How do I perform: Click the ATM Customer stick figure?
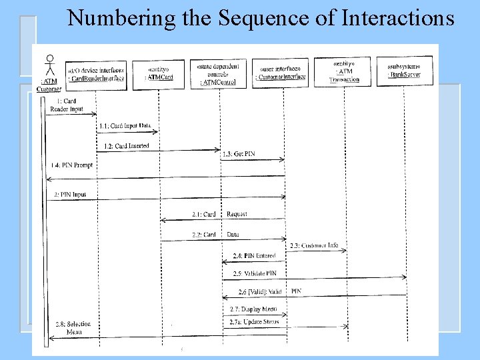click(48, 67)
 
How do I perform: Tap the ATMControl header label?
click(219, 74)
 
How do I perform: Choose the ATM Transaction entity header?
click(344, 72)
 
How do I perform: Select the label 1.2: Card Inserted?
click(126, 146)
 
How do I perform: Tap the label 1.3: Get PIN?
click(239, 154)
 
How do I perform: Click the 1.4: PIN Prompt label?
click(73, 165)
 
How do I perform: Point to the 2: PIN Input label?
click(70, 195)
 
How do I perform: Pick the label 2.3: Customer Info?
click(314, 245)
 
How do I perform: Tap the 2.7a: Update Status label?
click(255, 321)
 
